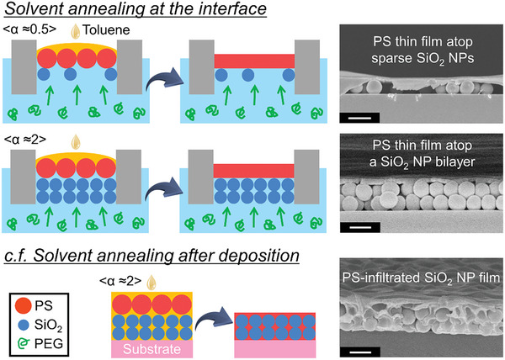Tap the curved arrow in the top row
coord(162,77)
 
